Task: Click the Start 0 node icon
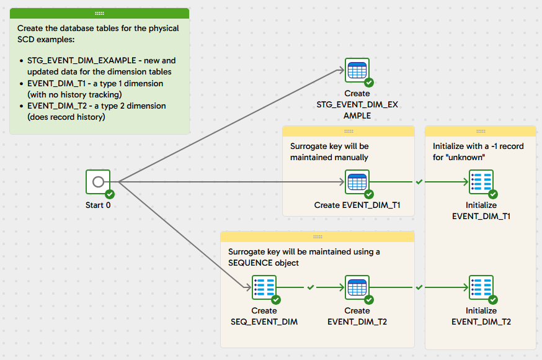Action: coord(97,182)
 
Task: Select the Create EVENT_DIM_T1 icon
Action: coord(357,182)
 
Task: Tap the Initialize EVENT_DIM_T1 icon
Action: coord(481,182)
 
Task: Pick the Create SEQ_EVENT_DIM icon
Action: coord(264,287)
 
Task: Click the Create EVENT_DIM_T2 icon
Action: coord(357,287)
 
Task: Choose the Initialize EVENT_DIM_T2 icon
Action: coord(481,287)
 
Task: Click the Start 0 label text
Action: coord(98,205)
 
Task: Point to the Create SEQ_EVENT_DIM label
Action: coord(264,316)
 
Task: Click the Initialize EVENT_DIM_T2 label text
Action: coord(481,316)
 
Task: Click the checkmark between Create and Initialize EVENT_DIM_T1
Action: coord(419,182)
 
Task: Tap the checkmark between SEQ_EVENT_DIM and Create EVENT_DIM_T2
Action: coord(311,287)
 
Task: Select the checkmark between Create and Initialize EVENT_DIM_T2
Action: coord(419,287)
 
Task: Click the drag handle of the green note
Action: coord(99,13)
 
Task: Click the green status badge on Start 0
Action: coord(110,194)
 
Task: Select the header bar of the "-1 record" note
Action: coord(481,131)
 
